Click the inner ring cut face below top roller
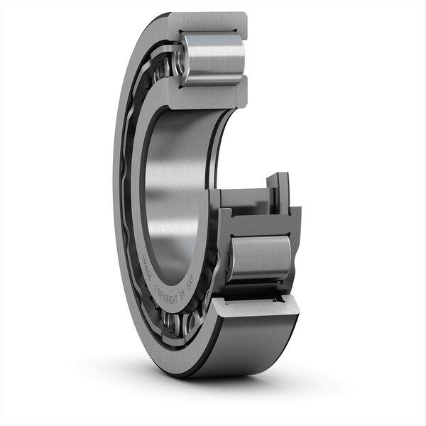pos(206,92)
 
